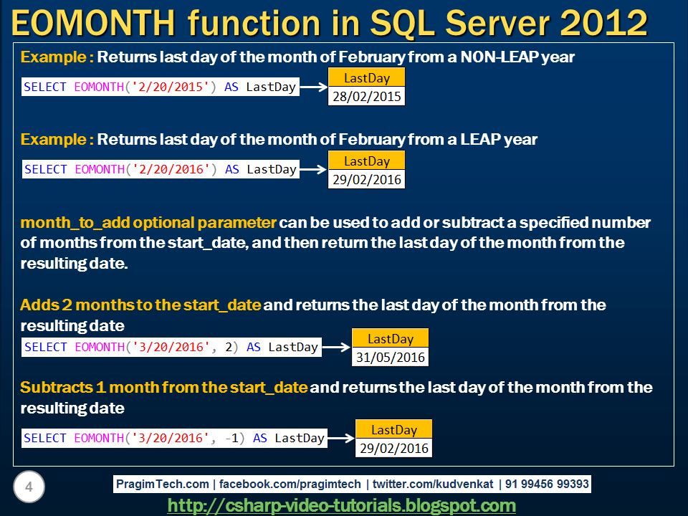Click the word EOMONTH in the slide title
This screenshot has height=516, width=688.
[x=93, y=23]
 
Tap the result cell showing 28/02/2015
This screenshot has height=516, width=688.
[x=366, y=96]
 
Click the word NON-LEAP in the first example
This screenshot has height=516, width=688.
[x=500, y=57]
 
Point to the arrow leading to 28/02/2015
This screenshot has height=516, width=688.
[x=314, y=87]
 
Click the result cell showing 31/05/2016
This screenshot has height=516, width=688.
[x=390, y=357]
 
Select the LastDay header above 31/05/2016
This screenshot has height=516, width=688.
[x=390, y=338]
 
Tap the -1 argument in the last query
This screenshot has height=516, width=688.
[x=231, y=438]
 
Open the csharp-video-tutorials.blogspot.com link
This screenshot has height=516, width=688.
[x=341, y=505]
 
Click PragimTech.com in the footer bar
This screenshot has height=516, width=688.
[x=163, y=484]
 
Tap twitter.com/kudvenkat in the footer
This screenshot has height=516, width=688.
[x=433, y=484]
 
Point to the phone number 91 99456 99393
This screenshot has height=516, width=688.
[x=547, y=484]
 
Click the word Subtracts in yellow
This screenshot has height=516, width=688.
[x=56, y=388]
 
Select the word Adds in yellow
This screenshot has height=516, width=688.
[x=39, y=305]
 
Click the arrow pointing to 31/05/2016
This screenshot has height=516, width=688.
[x=337, y=347]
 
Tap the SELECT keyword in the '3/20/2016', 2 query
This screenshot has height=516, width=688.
[x=45, y=347]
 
